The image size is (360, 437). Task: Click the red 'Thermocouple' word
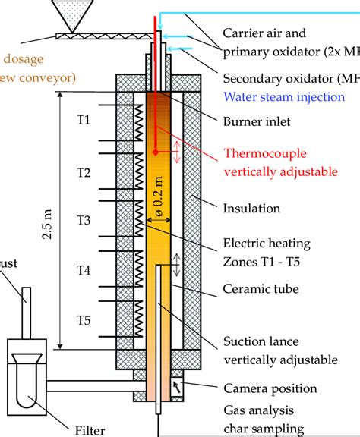pos(263,153)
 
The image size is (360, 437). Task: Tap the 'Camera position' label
pos(270,388)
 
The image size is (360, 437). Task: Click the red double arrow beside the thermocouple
pos(175,151)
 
